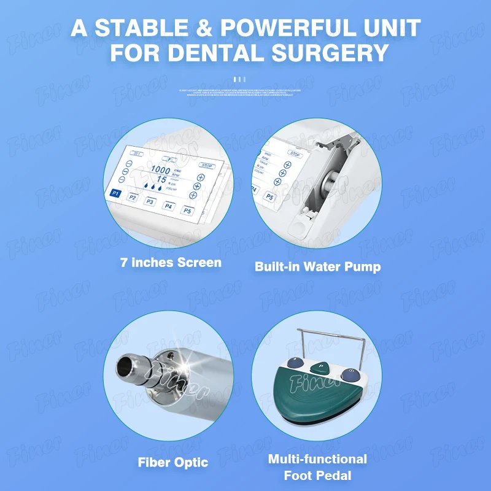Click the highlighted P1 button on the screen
tap(115, 193)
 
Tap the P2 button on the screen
tap(133, 198)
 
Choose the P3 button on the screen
tap(150, 201)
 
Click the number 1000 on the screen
tap(161, 169)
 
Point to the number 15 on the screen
tap(161, 179)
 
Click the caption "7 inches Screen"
tap(171, 263)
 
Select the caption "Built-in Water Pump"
tap(318, 267)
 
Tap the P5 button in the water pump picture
tap(269, 197)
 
